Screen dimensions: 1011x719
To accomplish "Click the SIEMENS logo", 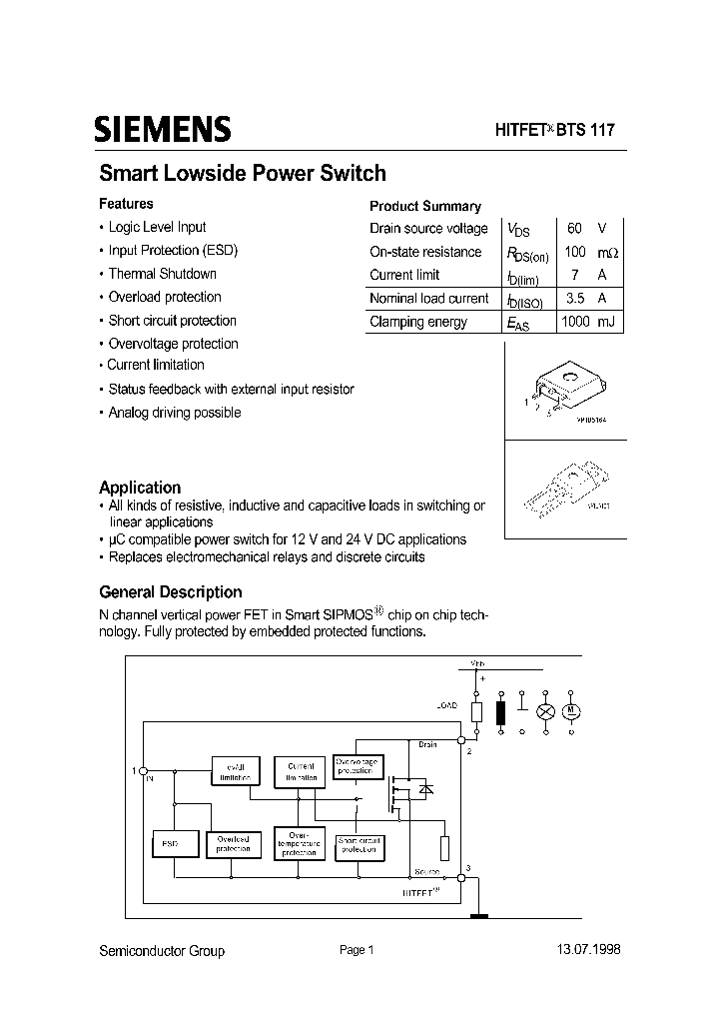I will [x=163, y=130].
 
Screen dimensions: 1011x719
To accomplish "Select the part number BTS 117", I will [x=586, y=130].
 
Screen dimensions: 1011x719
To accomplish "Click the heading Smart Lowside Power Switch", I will [x=243, y=173].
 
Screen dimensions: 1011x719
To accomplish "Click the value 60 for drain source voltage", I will [x=574, y=229].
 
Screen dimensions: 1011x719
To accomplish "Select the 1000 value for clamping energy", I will [x=575, y=322].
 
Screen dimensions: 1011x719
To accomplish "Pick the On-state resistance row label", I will [x=425, y=252].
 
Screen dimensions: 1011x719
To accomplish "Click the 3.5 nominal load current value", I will [x=574, y=299].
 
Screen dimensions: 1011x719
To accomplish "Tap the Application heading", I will [x=140, y=488].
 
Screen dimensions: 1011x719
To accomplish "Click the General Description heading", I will [x=171, y=591].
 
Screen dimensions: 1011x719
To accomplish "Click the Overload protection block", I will [x=233, y=844].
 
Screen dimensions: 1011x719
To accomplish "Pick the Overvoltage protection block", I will [x=356, y=767].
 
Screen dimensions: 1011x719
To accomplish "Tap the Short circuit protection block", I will [x=359, y=844].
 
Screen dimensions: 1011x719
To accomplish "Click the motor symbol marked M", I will [x=573, y=712].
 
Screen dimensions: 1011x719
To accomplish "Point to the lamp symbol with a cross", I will [x=545, y=712].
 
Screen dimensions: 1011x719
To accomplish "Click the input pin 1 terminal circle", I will [x=143, y=771].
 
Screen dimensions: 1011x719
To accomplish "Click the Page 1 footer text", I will [x=357, y=950].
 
